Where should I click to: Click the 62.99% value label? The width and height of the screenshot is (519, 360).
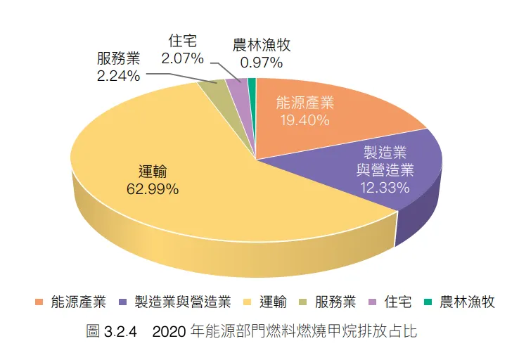coord(153,188)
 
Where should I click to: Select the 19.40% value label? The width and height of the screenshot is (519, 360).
coord(305,120)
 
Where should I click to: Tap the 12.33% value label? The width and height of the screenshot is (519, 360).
coord(384,188)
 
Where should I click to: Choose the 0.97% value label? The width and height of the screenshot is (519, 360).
coord(262,63)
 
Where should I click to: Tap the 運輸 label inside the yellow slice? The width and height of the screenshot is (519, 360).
coord(153,172)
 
